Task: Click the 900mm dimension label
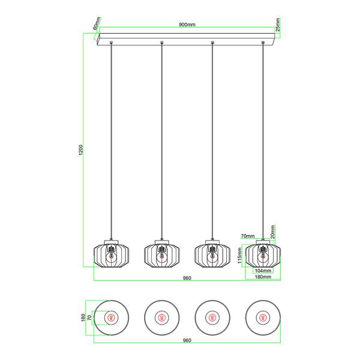coord(187,25)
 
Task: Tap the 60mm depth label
coord(97,23)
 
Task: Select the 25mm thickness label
coord(278,25)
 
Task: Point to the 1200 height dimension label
coord(81,149)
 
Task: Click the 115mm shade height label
coord(239,256)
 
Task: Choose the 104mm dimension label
coord(263,271)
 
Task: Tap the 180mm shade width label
coord(263,277)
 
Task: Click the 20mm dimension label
coord(272,232)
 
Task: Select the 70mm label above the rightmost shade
coord(248,236)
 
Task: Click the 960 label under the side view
coord(187,278)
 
